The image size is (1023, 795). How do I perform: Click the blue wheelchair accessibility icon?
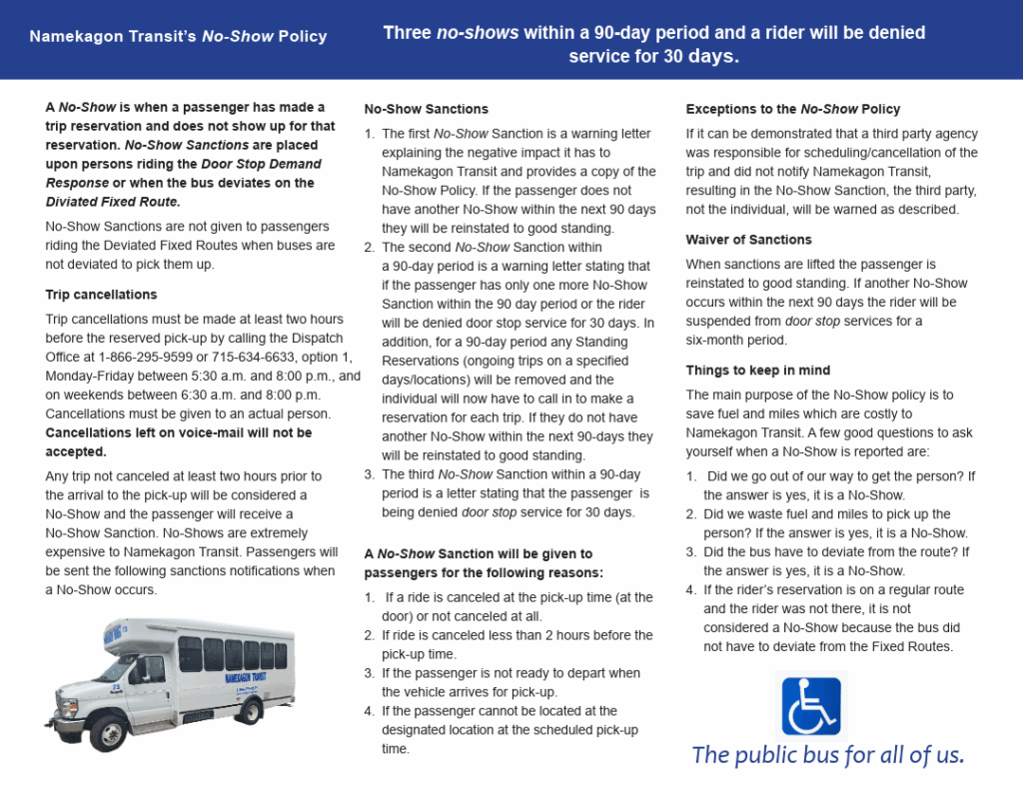tap(810, 706)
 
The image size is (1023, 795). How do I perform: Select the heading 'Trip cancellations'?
tap(101, 295)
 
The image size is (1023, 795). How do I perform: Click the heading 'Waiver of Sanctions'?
tap(748, 240)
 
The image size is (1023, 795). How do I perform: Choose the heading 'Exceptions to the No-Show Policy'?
tap(792, 109)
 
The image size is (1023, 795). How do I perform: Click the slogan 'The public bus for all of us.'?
tap(828, 755)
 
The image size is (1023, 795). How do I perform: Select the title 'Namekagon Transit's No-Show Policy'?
tap(178, 37)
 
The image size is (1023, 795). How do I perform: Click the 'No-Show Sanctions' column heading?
tap(426, 109)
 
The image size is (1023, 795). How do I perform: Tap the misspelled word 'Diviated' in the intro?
tap(72, 202)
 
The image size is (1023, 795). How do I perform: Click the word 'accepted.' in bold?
tap(76, 451)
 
